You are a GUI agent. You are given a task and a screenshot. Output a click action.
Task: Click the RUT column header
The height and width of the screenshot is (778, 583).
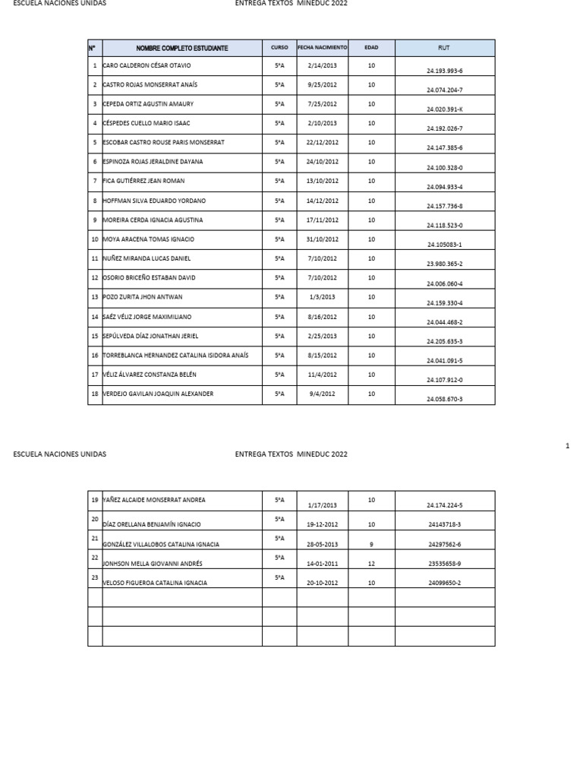pyautogui.click(x=444, y=48)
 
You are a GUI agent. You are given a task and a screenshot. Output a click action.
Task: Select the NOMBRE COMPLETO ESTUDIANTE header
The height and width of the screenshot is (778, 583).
pyautogui.click(x=182, y=48)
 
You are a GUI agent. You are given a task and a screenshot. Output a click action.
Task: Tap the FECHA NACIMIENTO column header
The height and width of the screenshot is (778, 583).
pyautogui.click(x=323, y=47)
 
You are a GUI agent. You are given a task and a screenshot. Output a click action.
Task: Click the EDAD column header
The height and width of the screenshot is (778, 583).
pyautogui.click(x=371, y=47)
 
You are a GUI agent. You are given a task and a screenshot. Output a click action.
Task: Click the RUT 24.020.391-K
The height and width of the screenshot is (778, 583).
pyautogui.click(x=445, y=109)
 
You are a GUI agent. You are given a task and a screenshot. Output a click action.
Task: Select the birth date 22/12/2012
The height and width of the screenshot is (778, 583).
pyautogui.click(x=323, y=143)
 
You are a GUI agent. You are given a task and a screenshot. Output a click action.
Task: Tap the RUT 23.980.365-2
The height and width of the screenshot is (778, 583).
pyautogui.click(x=445, y=264)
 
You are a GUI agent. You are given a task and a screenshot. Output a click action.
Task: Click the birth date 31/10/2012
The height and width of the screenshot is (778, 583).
pyautogui.click(x=323, y=239)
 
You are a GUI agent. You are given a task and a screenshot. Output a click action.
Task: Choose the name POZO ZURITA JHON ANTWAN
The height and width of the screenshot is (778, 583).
pyautogui.click(x=143, y=297)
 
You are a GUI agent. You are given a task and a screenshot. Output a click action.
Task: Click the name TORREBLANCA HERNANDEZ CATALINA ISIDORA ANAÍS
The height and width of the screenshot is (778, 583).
pyautogui.click(x=175, y=355)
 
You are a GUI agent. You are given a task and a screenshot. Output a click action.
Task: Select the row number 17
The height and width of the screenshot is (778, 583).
pyautogui.click(x=95, y=375)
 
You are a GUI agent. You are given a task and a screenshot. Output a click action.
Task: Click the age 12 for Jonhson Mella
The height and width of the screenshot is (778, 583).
pyautogui.click(x=371, y=564)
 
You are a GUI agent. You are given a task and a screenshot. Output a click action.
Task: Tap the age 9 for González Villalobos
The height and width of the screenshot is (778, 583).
pyautogui.click(x=371, y=544)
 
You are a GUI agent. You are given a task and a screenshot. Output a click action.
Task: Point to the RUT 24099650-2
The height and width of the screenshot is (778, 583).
pyautogui.click(x=444, y=583)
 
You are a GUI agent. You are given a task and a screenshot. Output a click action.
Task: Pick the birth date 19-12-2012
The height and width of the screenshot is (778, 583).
pyautogui.click(x=322, y=524)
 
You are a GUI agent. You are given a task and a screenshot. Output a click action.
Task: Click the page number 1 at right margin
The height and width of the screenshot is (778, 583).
pyautogui.click(x=568, y=446)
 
